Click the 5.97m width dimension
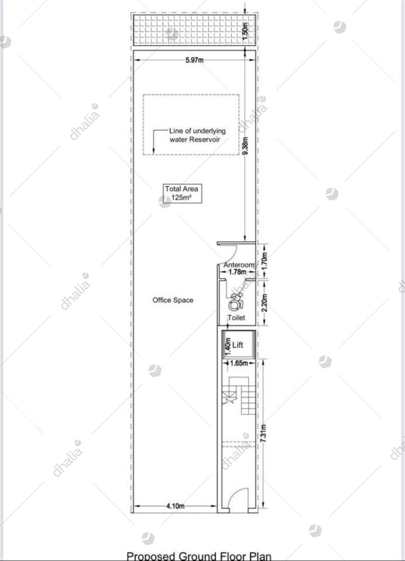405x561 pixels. tap(194, 60)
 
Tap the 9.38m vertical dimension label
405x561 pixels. tap(245, 146)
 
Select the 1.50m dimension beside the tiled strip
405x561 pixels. tap(245, 32)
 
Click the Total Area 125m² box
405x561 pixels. tap(181, 193)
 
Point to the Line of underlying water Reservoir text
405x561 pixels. tap(197, 135)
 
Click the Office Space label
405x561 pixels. tap(173, 300)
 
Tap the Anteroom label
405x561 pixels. tap(239, 265)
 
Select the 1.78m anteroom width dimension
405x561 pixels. tap(237, 272)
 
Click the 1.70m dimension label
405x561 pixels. tap(265, 261)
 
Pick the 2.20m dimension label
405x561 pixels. tap(265, 303)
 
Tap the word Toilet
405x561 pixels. tap(236, 318)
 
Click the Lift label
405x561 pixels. tap(238, 345)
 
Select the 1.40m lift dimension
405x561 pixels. tap(228, 347)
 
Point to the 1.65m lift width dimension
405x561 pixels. tap(239, 363)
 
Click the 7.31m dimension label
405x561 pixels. tap(263, 433)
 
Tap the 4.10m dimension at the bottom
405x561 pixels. tap(176, 506)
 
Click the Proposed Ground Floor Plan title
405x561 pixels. tap(199, 556)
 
